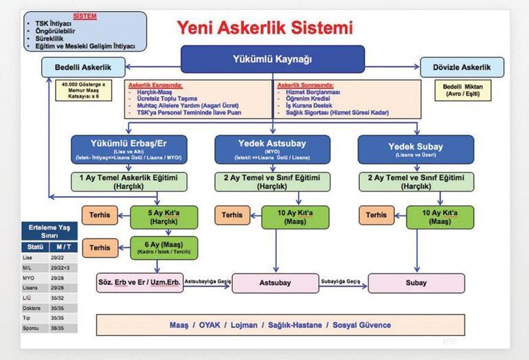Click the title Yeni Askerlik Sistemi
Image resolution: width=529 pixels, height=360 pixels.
(264, 28)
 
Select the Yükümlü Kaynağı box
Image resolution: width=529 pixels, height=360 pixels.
(264, 58)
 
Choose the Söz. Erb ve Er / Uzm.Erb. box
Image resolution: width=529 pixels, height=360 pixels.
(140, 282)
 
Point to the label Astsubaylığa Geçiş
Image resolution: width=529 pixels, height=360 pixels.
(208, 280)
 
